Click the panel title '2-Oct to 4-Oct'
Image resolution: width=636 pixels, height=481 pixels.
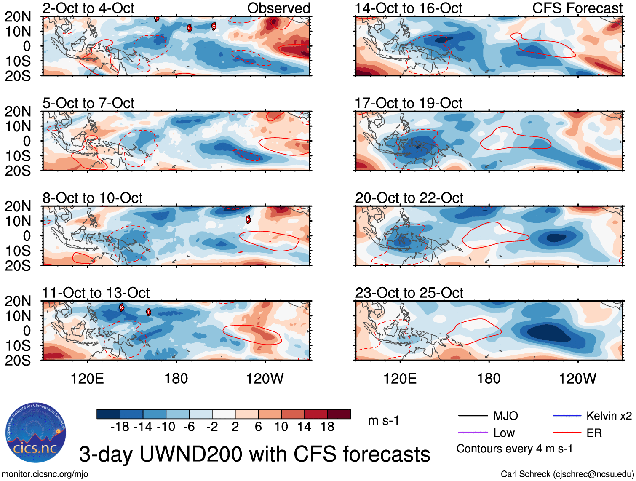[88, 8]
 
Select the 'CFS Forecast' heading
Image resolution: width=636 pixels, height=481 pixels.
[577, 8]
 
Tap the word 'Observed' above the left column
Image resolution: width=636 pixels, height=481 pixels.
[278, 8]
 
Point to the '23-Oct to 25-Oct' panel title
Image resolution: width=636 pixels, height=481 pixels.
[409, 293]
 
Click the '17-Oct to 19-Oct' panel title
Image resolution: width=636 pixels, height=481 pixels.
[409, 103]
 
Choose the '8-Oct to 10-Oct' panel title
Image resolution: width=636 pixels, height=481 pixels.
[92, 198]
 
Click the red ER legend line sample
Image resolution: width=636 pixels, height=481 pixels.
[567, 433]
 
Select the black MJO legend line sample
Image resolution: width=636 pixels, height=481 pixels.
[473, 416]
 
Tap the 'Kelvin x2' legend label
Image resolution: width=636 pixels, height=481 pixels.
[609, 416]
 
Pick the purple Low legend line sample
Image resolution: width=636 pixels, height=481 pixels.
[473, 433]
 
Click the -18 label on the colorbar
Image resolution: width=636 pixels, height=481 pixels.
[120, 427]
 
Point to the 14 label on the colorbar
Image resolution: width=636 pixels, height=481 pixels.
[304, 427]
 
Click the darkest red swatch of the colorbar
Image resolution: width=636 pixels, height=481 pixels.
[339, 414]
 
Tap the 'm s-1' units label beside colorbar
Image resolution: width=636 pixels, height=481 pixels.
[383, 420]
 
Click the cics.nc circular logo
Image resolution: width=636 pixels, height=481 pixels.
[36, 433]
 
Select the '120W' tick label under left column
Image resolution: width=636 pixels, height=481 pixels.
[265, 379]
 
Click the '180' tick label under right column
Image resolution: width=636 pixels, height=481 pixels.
[489, 379]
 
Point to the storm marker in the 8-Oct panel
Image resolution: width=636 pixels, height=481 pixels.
[249, 219]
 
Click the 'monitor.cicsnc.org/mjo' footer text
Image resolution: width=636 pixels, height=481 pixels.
[45, 474]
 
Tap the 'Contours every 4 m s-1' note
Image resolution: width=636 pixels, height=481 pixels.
[514, 449]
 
